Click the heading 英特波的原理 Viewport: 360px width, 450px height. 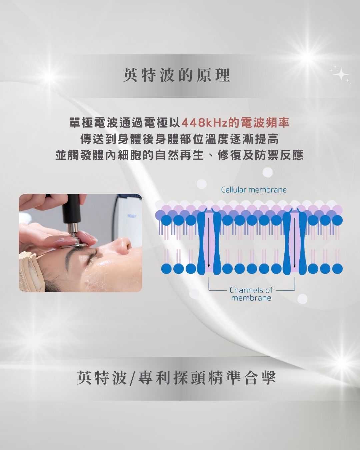pyautogui.click(x=177, y=75)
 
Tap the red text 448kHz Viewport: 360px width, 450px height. pyautogui.click(x=205, y=123)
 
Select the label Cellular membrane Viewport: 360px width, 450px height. pyautogui.click(x=254, y=190)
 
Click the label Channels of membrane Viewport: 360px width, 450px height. pyautogui.click(x=251, y=294)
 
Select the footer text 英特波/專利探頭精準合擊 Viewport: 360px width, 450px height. pyautogui.click(x=177, y=378)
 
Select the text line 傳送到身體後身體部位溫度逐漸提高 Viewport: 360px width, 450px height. pyautogui.click(x=180, y=139)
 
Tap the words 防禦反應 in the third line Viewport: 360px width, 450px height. pyautogui.click(x=279, y=156)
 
